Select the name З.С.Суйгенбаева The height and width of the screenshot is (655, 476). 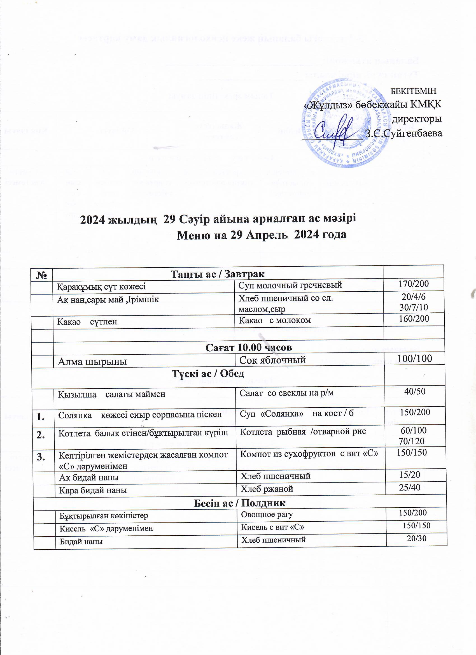pos(403,133)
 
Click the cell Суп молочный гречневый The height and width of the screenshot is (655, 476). pos(290,285)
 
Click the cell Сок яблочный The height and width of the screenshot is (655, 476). pos(272,360)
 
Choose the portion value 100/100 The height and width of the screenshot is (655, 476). pos(414,359)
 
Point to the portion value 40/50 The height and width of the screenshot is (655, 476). pos(414,391)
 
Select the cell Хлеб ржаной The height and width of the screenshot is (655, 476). pos(267,489)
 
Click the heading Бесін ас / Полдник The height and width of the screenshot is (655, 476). pos(239,503)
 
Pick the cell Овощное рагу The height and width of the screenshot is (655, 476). pos(267,514)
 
